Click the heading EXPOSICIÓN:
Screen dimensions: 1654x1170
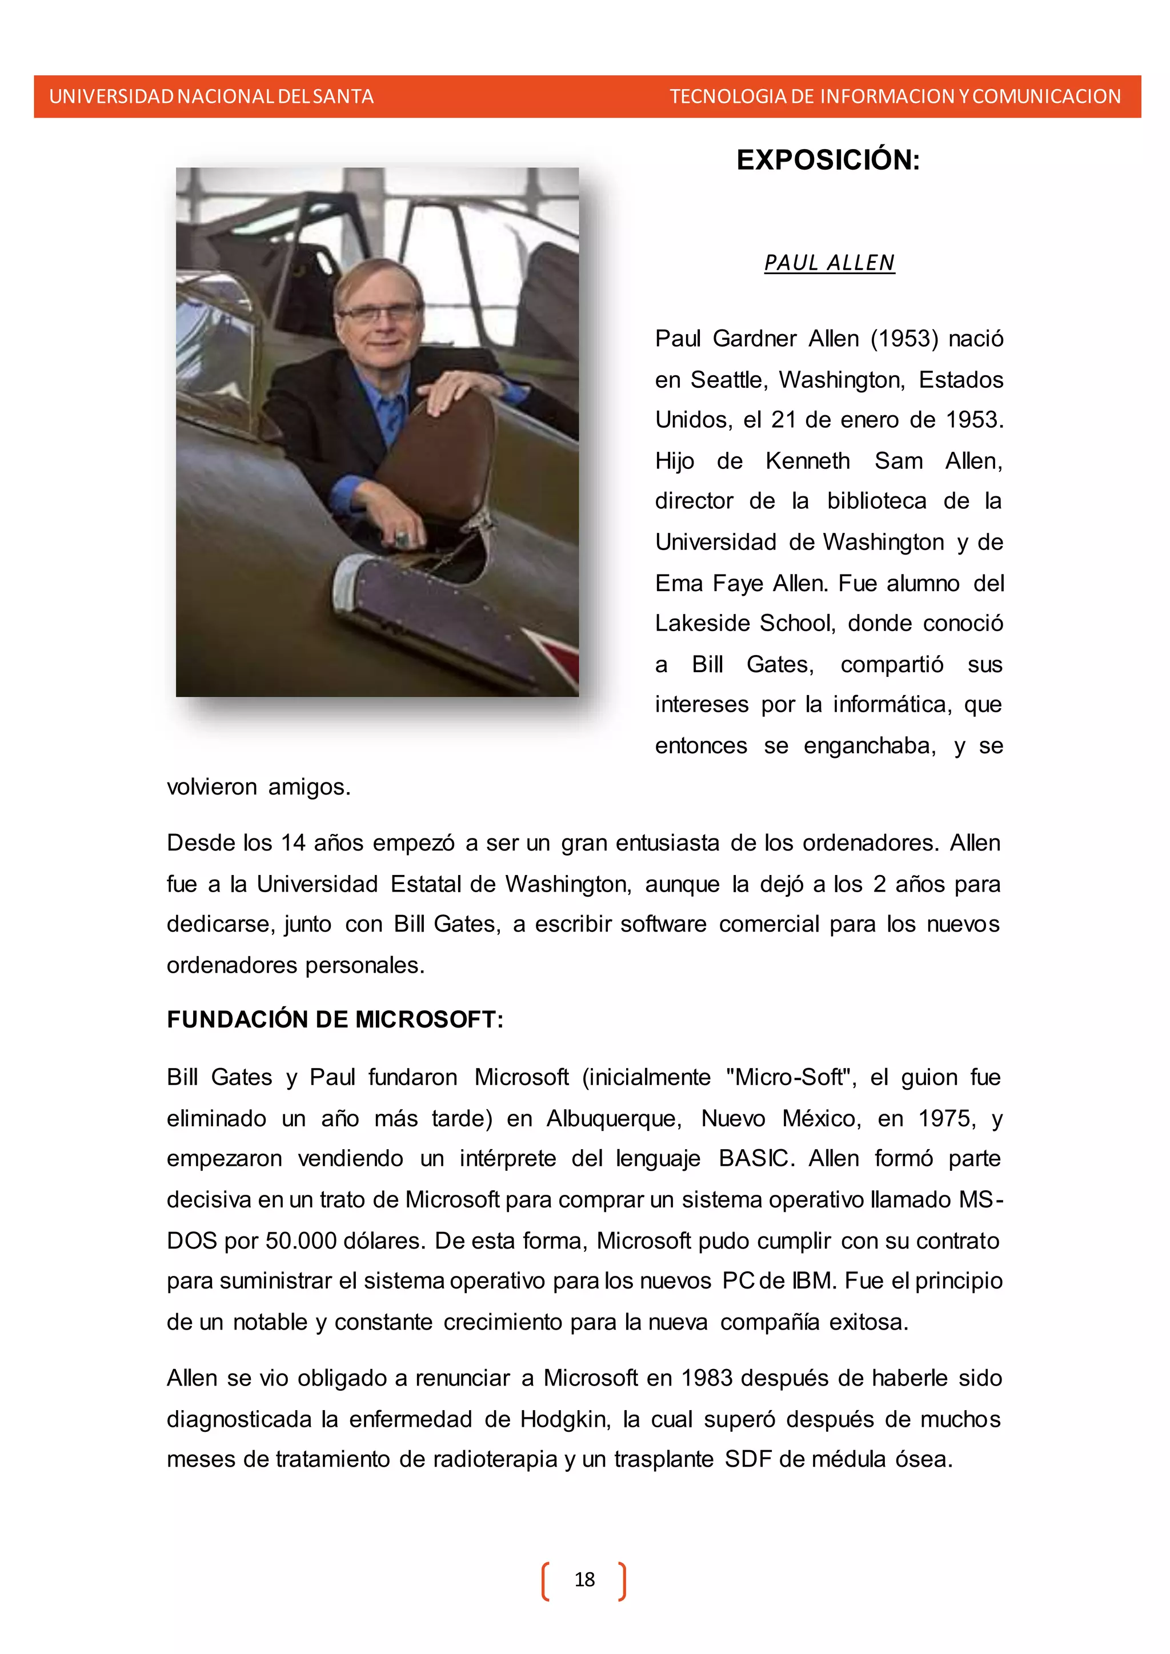(828, 160)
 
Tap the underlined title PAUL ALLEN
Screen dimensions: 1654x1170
(830, 263)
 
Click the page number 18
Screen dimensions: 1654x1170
(584, 1579)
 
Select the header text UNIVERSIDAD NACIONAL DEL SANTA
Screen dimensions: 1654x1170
(211, 97)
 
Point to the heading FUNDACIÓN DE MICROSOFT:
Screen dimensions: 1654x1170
(335, 1019)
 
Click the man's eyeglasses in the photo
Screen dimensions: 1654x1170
(378, 314)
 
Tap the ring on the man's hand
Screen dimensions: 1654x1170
(401, 537)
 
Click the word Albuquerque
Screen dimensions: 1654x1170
(613, 1118)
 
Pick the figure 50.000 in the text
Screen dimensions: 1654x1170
(301, 1240)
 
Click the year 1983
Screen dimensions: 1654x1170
(707, 1378)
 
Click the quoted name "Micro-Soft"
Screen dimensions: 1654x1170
(790, 1077)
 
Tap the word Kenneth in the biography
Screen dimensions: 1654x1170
(808, 461)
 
